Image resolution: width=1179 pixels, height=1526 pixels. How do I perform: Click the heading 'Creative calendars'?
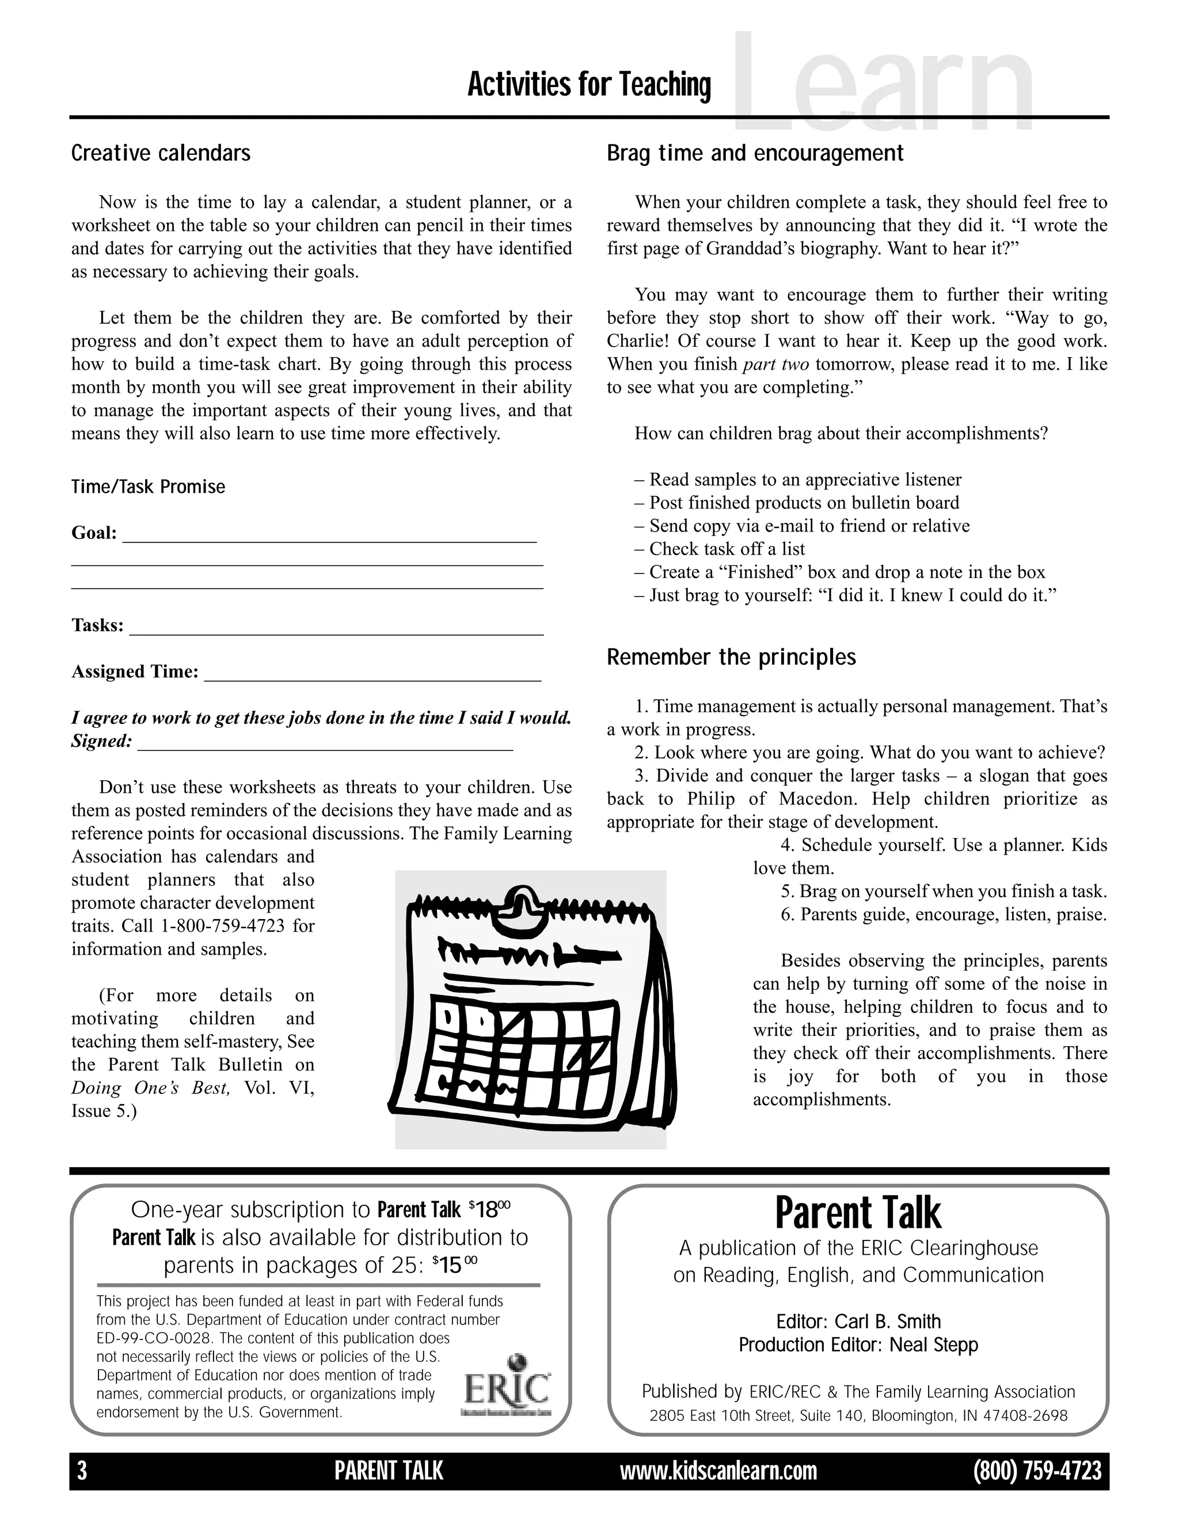click(161, 153)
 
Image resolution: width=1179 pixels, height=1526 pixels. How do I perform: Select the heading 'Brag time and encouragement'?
click(755, 153)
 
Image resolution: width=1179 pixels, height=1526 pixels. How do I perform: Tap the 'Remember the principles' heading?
click(731, 657)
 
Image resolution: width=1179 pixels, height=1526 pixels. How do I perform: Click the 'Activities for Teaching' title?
click(589, 85)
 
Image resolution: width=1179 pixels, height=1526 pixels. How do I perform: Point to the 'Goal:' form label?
click(94, 533)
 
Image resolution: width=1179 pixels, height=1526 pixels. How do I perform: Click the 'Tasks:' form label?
click(97, 625)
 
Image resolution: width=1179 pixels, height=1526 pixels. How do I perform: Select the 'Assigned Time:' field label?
click(135, 671)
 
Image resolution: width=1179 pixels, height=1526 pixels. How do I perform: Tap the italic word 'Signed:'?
click(101, 741)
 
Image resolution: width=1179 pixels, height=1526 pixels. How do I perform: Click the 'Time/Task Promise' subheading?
click(148, 487)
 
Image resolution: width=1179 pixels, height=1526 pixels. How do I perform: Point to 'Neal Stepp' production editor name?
click(933, 1345)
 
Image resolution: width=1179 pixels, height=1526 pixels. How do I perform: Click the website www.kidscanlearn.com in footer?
click(718, 1471)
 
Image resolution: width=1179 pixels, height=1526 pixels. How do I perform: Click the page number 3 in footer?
click(82, 1471)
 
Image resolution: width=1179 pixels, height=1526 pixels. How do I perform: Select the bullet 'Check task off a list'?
click(727, 549)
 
